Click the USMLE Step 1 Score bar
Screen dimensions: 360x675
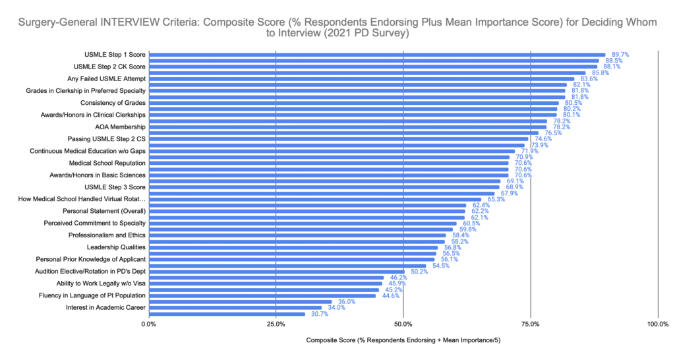point(376,55)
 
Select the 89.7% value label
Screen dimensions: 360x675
point(622,55)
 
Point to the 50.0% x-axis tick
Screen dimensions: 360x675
point(403,324)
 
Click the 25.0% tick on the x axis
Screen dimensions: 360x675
point(276,324)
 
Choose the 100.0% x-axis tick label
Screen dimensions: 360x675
point(657,324)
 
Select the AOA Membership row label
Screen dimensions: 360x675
point(120,127)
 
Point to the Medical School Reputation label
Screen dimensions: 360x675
point(107,163)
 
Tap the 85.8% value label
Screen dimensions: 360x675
point(601,73)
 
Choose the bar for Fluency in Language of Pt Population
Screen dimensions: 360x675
point(264,295)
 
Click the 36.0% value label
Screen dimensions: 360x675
point(347,301)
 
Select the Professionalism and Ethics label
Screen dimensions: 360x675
point(107,235)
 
